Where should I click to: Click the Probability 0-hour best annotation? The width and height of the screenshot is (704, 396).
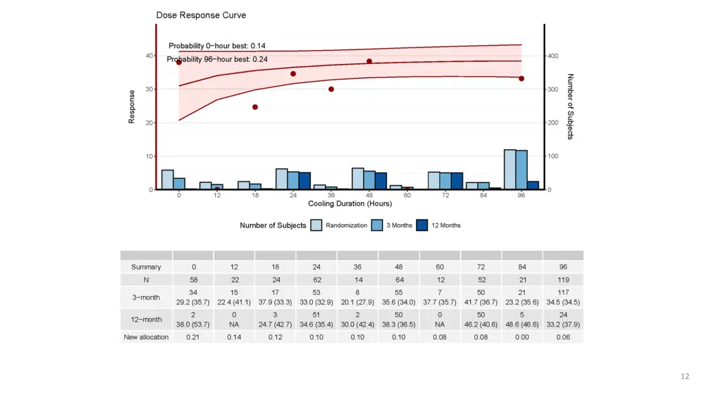pyautogui.click(x=217, y=46)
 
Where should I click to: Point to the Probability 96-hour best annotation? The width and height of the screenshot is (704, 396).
pyautogui.click(x=217, y=59)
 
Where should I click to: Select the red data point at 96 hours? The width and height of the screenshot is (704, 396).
pyautogui.click(x=521, y=78)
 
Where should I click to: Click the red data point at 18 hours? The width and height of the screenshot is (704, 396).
pyautogui.click(x=255, y=107)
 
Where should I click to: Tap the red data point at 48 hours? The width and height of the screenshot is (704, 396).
pyautogui.click(x=369, y=61)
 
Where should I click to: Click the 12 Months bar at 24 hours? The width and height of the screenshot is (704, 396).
pyautogui.click(x=305, y=181)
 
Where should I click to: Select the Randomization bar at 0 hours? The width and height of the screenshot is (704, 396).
pyautogui.click(x=167, y=179)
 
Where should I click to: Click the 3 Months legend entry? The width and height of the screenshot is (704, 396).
pyautogui.click(x=388, y=225)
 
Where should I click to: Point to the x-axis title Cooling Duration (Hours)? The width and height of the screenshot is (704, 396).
pyautogui.click(x=350, y=203)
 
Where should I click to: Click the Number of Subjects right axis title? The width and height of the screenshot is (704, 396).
pyautogui.click(x=570, y=107)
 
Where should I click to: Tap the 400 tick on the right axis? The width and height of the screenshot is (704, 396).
pyautogui.click(x=553, y=56)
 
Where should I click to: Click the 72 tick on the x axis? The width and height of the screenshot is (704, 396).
pyautogui.click(x=445, y=195)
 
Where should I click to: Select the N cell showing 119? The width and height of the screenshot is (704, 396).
pyautogui.click(x=562, y=280)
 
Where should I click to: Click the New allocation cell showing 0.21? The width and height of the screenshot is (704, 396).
pyautogui.click(x=193, y=337)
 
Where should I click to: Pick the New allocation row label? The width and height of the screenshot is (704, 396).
pyautogui.click(x=146, y=337)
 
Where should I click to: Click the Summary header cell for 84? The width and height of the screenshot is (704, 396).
pyautogui.click(x=521, y=267)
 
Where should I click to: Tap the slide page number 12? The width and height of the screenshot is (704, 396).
pyautogui.click(x=684, y=376)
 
